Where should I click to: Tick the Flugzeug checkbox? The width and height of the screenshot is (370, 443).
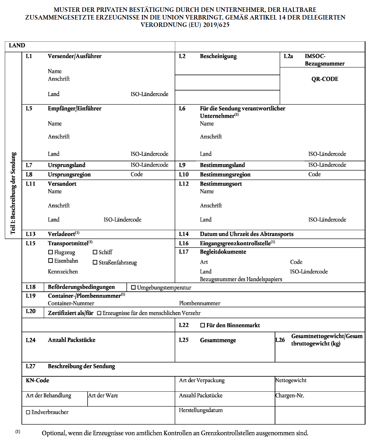point(50,252)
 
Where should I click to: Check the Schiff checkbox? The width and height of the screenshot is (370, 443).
point(95,252)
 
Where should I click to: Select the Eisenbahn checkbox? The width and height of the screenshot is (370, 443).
point(50,261)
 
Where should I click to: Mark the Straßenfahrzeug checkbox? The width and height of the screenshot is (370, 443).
point(95,262)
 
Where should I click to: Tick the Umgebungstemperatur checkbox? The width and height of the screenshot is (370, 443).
point(133,288)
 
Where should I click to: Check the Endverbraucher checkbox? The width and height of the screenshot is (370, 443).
point(28,412)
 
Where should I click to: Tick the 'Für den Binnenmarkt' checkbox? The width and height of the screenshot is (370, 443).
point(202,325)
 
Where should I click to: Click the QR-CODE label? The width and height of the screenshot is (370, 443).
point(325,79)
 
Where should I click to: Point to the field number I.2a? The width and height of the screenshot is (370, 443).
point(288,56)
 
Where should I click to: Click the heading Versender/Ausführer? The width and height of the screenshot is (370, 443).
point(74,56)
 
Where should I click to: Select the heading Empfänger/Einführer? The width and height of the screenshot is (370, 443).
point(74,109)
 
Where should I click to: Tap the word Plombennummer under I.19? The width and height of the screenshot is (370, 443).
point(200,303)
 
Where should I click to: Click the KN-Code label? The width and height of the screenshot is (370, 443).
point(38,380)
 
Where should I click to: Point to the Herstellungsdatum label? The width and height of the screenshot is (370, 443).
point(201,410)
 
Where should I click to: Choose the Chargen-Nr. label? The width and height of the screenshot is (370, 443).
point(289,396)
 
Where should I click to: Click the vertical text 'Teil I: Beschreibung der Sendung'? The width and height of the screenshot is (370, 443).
point(13,193)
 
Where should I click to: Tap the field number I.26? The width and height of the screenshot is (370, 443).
point(280,340)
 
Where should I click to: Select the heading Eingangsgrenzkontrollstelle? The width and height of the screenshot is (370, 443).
point(235,243)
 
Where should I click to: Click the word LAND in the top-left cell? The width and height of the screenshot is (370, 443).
point(17,46)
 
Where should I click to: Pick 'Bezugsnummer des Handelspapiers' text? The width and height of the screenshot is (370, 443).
point(241,279)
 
